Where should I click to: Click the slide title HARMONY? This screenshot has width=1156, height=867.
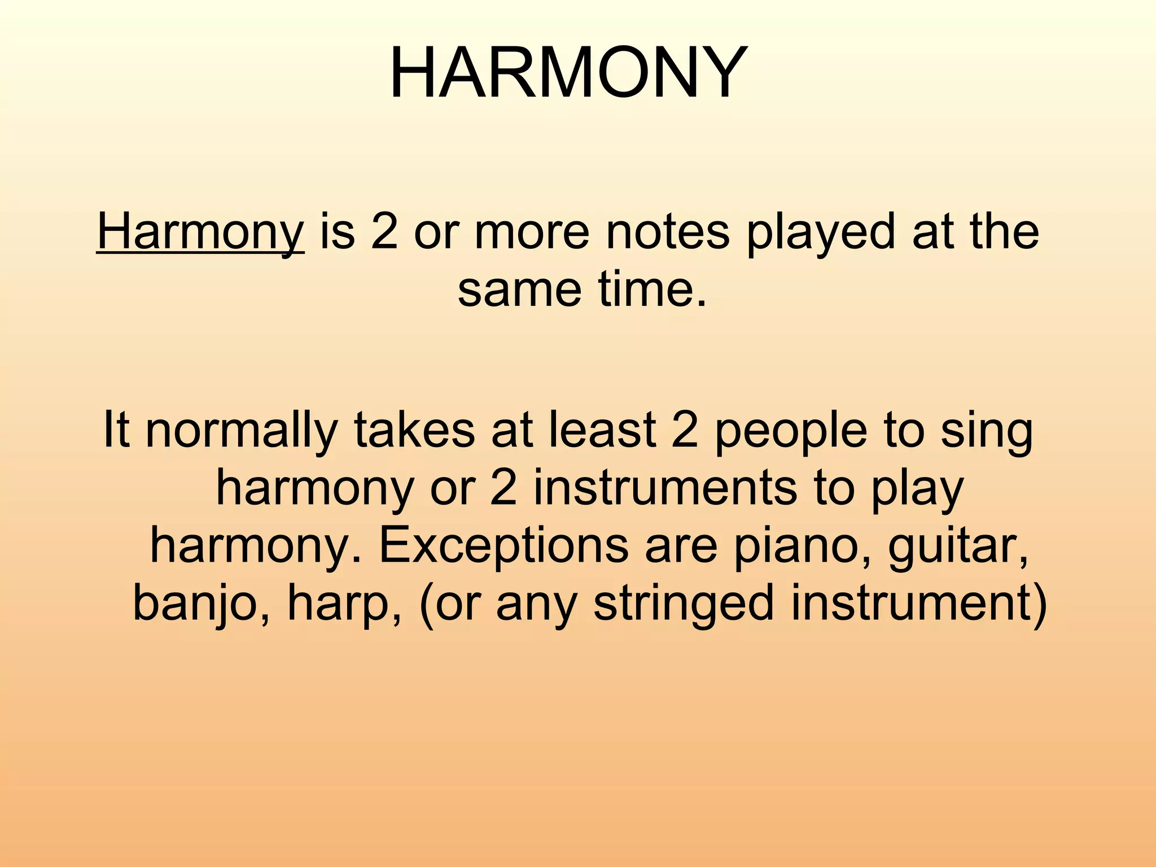pyautogui.click(x=568, y=73)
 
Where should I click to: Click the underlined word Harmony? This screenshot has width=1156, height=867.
pyautogui.click(x=200, y=232)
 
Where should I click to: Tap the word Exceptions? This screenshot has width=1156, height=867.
pyautogui.click(x=503, y=546)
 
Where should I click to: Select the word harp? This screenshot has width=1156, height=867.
pyautogui.click(x=344, y=603)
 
